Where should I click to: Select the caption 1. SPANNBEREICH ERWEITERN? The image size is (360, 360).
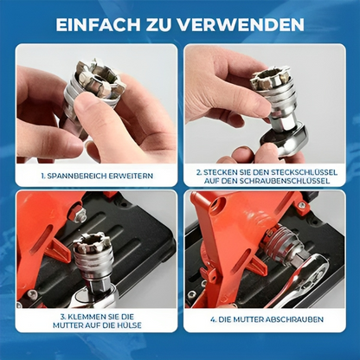tap(95, 175)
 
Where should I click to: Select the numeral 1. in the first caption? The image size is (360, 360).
tap(43, 175)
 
